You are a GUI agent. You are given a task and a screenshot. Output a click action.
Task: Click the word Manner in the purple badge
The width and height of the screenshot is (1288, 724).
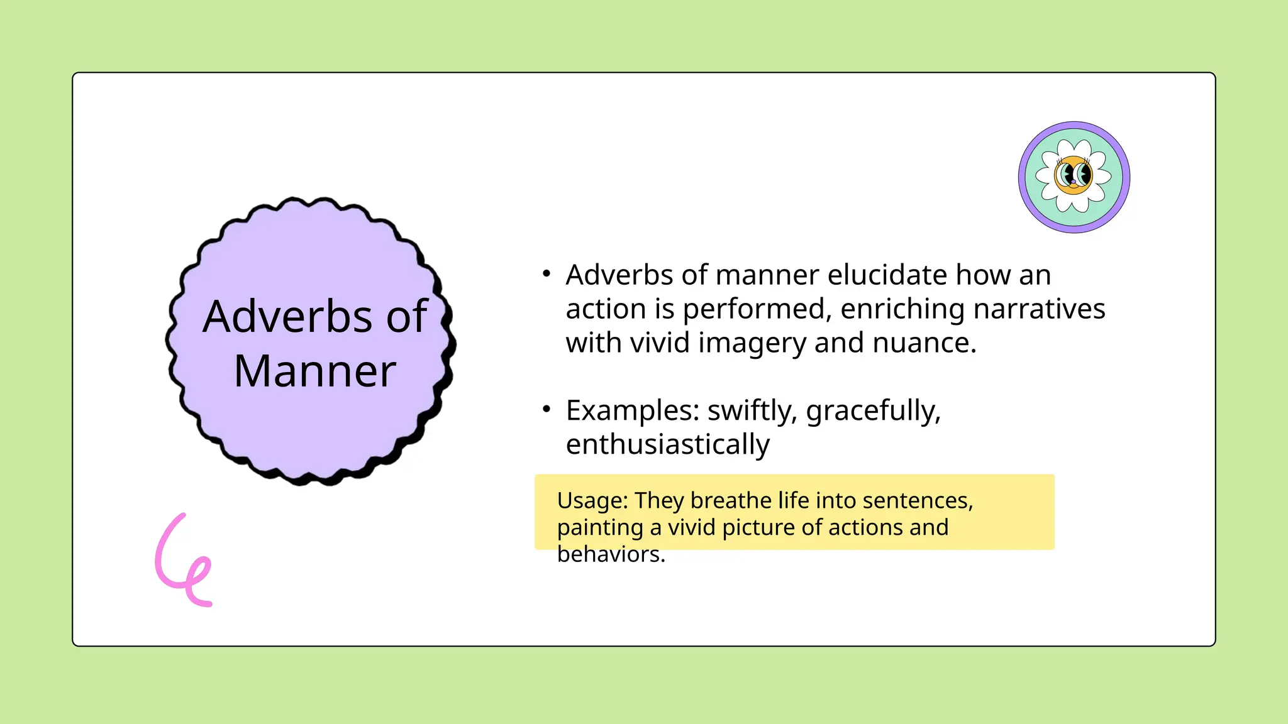tap(314, 371)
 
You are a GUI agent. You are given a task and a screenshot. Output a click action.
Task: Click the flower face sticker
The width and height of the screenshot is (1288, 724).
tap(1074, 177)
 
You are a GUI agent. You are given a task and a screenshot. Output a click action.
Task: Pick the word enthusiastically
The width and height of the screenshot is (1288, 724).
tap(667, 445)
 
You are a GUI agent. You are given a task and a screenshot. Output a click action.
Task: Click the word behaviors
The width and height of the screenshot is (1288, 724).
tap(611, 554)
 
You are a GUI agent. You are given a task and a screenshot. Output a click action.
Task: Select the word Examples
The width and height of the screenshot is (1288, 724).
tap(633, 411)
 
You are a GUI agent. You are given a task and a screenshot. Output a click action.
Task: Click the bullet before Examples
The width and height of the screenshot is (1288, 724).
tap(547, 410)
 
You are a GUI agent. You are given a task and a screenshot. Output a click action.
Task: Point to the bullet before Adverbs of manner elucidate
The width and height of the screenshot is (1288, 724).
tap(547, 274)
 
